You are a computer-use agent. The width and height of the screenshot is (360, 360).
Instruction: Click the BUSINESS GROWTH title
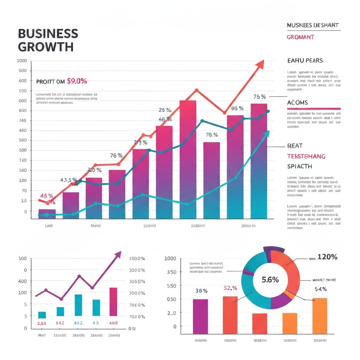[x=48, y=40]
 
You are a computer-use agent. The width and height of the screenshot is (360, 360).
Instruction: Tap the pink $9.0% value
[x=76, y=81]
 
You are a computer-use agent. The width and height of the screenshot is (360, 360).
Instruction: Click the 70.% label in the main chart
[x=212, y=135]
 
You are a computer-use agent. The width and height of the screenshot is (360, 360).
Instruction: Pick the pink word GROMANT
[x=300, y=37]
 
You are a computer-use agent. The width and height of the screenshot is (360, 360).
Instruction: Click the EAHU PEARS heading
[x=305, y=60]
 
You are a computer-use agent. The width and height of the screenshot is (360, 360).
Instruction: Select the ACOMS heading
[x=297, y=103]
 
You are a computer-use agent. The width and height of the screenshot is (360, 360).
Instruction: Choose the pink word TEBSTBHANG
[x=306, y=156]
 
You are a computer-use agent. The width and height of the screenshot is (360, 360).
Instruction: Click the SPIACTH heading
[x=300, y=166]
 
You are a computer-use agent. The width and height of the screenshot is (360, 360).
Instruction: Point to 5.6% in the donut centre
[x=270, y=279]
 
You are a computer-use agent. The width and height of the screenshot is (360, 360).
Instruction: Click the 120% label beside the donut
[x=327, y=257]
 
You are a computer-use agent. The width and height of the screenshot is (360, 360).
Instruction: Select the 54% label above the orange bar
[x=321, y=289]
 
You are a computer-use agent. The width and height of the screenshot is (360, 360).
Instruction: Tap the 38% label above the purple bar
[x=201, y=291]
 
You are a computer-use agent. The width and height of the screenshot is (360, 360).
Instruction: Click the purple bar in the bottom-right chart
[x=200, y=316]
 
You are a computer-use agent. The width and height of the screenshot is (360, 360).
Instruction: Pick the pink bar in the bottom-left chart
[x=113, y=302]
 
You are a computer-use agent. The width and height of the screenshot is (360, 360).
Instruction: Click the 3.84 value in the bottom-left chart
[x=42, y=323]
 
